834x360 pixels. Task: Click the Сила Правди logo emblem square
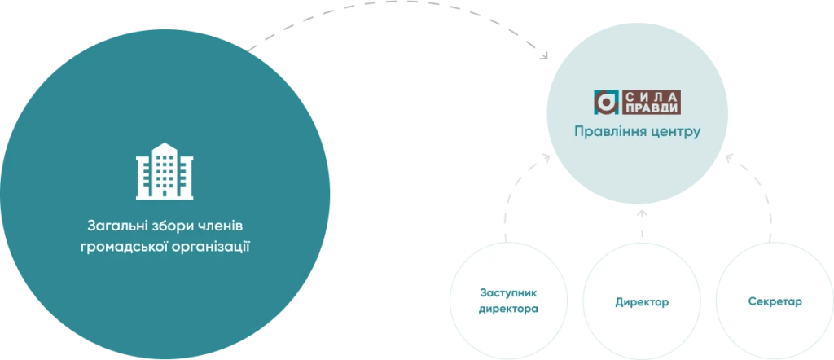point(606,103)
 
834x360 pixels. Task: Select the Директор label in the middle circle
point(642,302)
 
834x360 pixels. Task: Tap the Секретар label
point(775,301)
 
